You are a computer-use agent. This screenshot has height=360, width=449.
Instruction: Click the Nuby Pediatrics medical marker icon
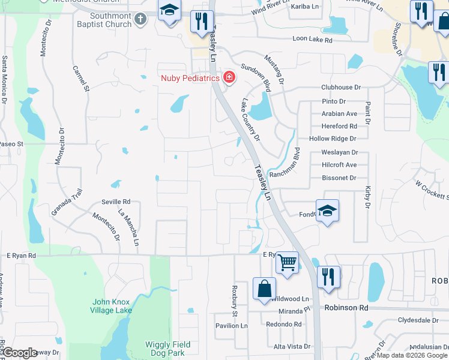click(x=228, y=77)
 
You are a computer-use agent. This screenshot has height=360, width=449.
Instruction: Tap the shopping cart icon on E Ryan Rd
click(x=288, y=262)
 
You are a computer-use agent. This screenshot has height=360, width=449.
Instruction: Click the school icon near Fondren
click(x=327, y=211)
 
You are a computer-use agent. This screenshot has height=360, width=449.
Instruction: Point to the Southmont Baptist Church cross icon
click(x=140, y=19)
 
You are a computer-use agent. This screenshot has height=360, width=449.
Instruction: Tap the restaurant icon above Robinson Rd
click(x=328, y=277)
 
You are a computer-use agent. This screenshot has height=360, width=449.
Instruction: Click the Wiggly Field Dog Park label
click(x=167, y=349)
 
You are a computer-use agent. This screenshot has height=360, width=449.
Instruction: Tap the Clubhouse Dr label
click(x=340, y=87)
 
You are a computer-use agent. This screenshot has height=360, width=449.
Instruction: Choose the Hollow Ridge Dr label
click(x=333, y=139)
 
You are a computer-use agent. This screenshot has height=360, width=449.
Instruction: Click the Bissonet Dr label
click(x=339, y=178)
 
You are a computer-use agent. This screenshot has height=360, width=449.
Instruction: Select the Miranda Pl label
click(x=294, y=311)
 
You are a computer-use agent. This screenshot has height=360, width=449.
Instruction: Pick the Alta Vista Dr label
click(x=292, y=347)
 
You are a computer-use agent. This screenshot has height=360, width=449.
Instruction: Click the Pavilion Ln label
click(x=231, y=326)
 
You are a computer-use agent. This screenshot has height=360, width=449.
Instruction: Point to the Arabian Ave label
click(x=339, y=113)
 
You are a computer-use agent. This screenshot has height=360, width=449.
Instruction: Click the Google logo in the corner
click(x=20, y=352)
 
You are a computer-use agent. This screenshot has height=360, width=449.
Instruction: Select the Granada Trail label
click(x=66, y=202)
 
